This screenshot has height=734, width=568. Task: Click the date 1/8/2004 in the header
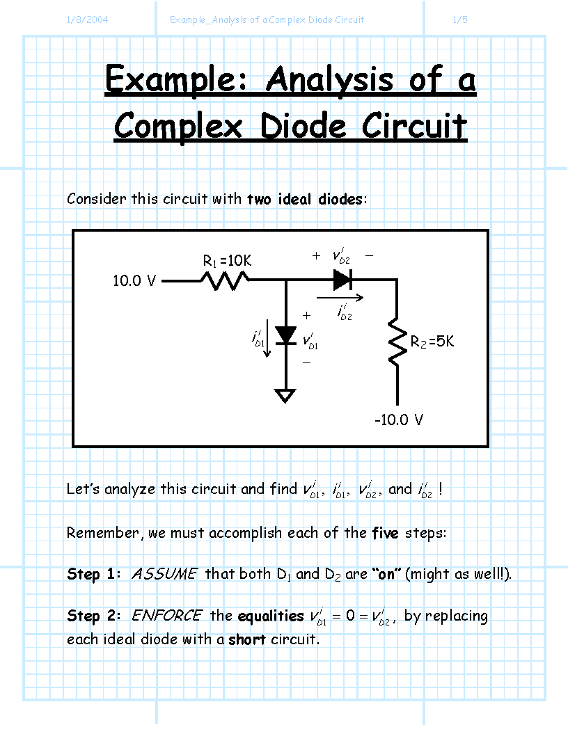(87, 19)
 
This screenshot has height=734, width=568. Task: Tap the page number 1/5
(460, 19)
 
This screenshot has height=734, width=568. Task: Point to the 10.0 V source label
(134, 281)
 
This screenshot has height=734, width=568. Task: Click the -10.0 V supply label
(398, 420)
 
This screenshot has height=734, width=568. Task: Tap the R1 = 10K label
(227, 261)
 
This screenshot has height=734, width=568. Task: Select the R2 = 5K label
(432, 342)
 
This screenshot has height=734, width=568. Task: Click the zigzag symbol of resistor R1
(225, 281)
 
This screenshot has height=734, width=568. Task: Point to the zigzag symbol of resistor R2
(397, 341)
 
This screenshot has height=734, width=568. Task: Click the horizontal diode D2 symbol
(342, 280)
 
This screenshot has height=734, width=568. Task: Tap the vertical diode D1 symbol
(285, 335)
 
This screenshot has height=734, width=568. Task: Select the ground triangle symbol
(285, 396)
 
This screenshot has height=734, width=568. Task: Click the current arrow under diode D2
(340, 297)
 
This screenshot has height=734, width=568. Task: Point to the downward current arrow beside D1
(267, 338)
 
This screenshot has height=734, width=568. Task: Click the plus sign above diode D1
(306, 315)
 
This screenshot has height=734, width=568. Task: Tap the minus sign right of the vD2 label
(369, 256)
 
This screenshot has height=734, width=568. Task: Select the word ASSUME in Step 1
(164, 574)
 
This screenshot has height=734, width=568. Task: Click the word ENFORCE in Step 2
(166, 616)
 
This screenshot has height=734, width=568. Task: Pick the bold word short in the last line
(247, 639)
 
